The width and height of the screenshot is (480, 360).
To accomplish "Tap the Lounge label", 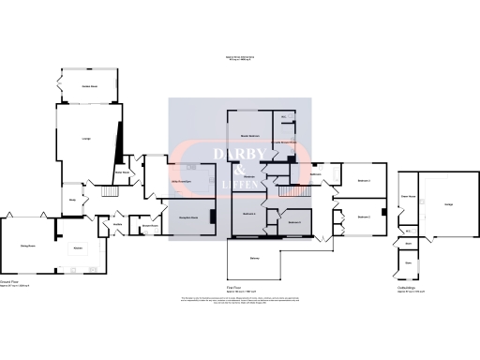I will coord(86,140).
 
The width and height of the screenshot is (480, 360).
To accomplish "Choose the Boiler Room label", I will coord(121,172).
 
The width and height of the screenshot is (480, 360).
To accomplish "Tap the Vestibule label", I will coord(119,225).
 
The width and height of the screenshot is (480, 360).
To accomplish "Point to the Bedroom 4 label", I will coord(248,214).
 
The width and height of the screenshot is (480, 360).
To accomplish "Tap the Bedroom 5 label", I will coord(294,222).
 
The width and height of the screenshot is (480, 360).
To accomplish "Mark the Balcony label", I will coord(255,258).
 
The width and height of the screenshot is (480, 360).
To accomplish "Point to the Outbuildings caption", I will coord(406,288).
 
